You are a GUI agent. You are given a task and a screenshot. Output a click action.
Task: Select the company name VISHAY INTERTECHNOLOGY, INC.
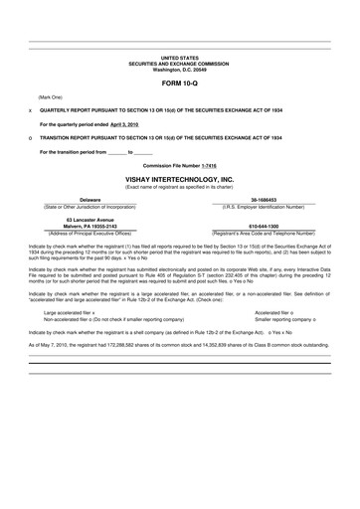pyautogui.click(x=179, y=179)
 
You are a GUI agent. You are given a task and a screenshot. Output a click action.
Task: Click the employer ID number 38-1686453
pyautogui.click(x=264, y=200)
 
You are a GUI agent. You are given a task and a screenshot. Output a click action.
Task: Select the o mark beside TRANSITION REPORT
pyautogui.click(x=31, y=139)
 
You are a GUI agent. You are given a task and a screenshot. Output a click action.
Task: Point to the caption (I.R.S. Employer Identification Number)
pyautogui.click(x=264, y=206)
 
